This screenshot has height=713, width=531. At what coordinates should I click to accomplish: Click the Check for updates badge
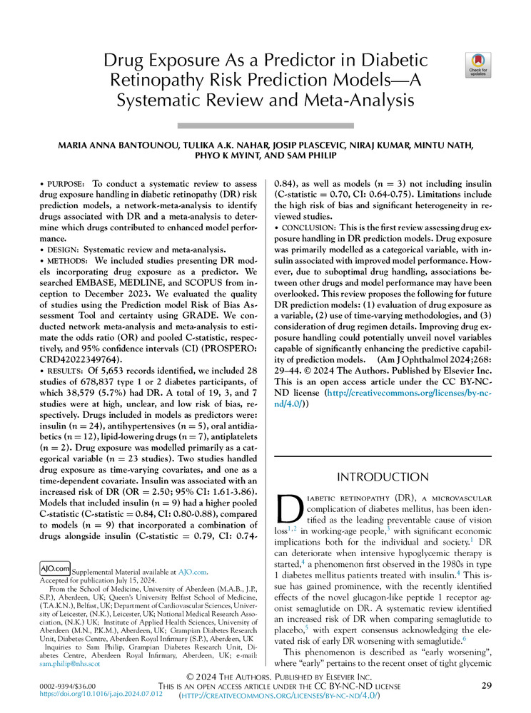pos(477,65)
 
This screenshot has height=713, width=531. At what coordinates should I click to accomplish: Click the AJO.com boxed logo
pos(54,568)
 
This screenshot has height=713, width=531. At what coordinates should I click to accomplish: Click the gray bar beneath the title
pos(265,125)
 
